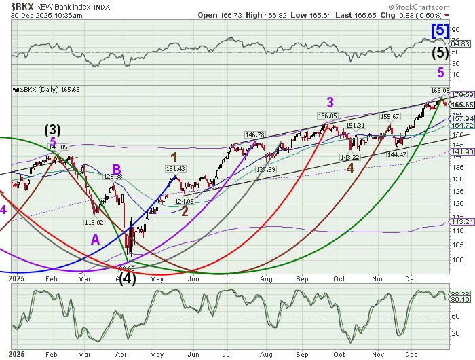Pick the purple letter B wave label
pyautogui.click(x=117, y=168)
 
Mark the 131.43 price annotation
pyautogui.click(x=175, y=169)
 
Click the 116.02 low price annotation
pyautogui.click(x=93, y=222)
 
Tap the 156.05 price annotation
pyautogui.click(x=327, y=116)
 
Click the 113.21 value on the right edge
pyautogui.click(x=461, y=221)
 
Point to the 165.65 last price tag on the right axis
pyautogui.click(x=461, y=105)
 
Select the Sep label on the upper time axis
pyautogui.click(x=302, y=278)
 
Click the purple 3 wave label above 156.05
pyautogui.click(x=330, y=103)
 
